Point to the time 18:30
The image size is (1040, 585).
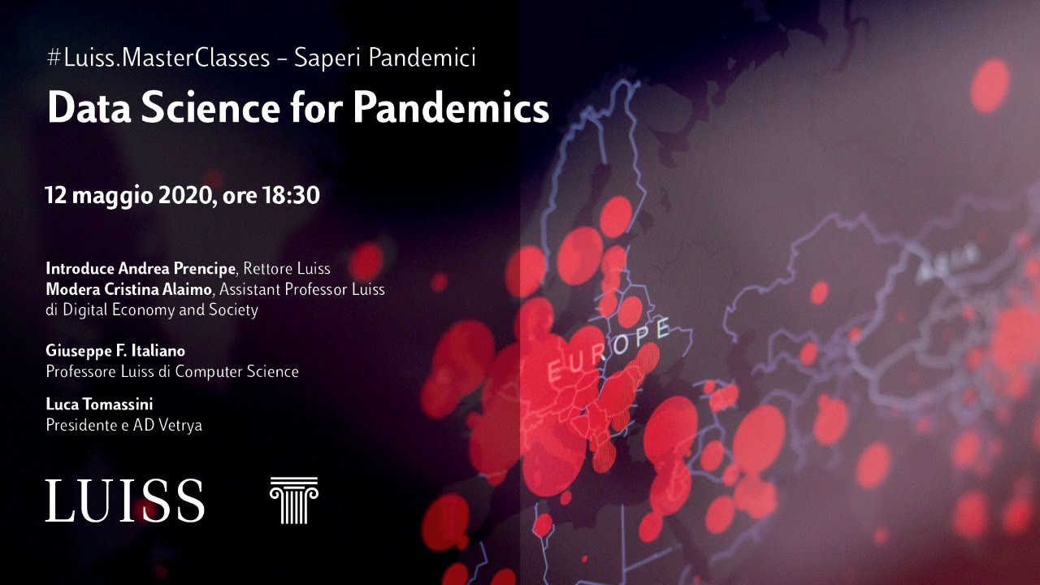coord(290,196)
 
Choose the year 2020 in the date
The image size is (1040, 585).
coord(181,196)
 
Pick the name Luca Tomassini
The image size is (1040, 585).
coord(99,403)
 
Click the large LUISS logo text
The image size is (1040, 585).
coord(125,500)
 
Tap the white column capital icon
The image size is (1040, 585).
coord(293,500)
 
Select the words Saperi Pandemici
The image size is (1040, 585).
coord(385,58)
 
